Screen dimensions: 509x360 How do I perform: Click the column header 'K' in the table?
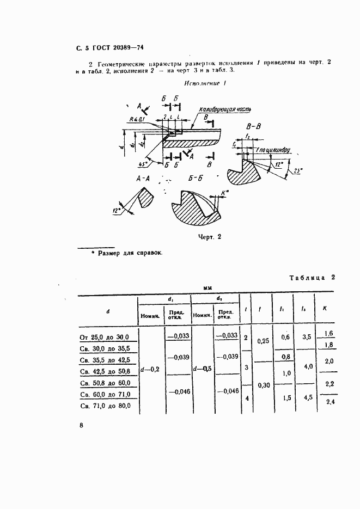[325, 308]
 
